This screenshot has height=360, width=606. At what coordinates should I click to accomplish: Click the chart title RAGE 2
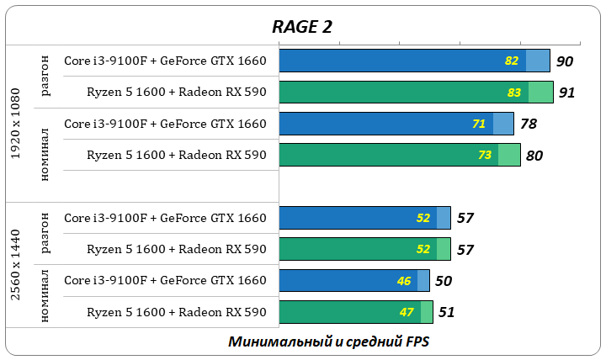[x=302, y=26]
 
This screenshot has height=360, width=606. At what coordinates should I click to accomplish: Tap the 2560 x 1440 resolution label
[x=17, y=264]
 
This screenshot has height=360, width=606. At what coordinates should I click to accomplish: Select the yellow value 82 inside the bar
[x=512, y=61]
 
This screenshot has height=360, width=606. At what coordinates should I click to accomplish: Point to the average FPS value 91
[x=566, y=93]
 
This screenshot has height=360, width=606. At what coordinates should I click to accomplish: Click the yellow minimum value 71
[x=479, y=124]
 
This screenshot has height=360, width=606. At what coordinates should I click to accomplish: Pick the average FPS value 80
[x=534, y=156]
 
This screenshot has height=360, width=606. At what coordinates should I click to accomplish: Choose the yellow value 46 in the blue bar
[x=404, y=281]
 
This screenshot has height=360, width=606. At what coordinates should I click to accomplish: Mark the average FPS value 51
[x=446, y=313]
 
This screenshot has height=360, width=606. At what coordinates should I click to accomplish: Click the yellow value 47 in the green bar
[x=407, y=313]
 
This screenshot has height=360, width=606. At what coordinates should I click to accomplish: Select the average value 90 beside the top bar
[x=564, y=61]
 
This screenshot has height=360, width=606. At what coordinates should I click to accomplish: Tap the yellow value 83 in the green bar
[x=514, y=93]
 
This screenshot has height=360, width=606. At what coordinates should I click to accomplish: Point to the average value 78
[x=528, y=124]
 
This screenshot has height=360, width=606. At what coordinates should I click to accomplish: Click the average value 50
[x=444, y=281]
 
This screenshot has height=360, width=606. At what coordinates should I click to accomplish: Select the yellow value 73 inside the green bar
[x=485, y=156]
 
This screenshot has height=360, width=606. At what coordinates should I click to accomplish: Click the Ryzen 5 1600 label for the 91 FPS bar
[x=176, y=92]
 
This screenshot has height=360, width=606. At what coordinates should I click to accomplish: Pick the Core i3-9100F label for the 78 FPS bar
[x=165, y=124]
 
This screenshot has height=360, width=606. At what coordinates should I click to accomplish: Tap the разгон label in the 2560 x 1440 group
[x=45, y=233]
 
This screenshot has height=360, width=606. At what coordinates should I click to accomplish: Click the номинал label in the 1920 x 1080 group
[x=45, y=154]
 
